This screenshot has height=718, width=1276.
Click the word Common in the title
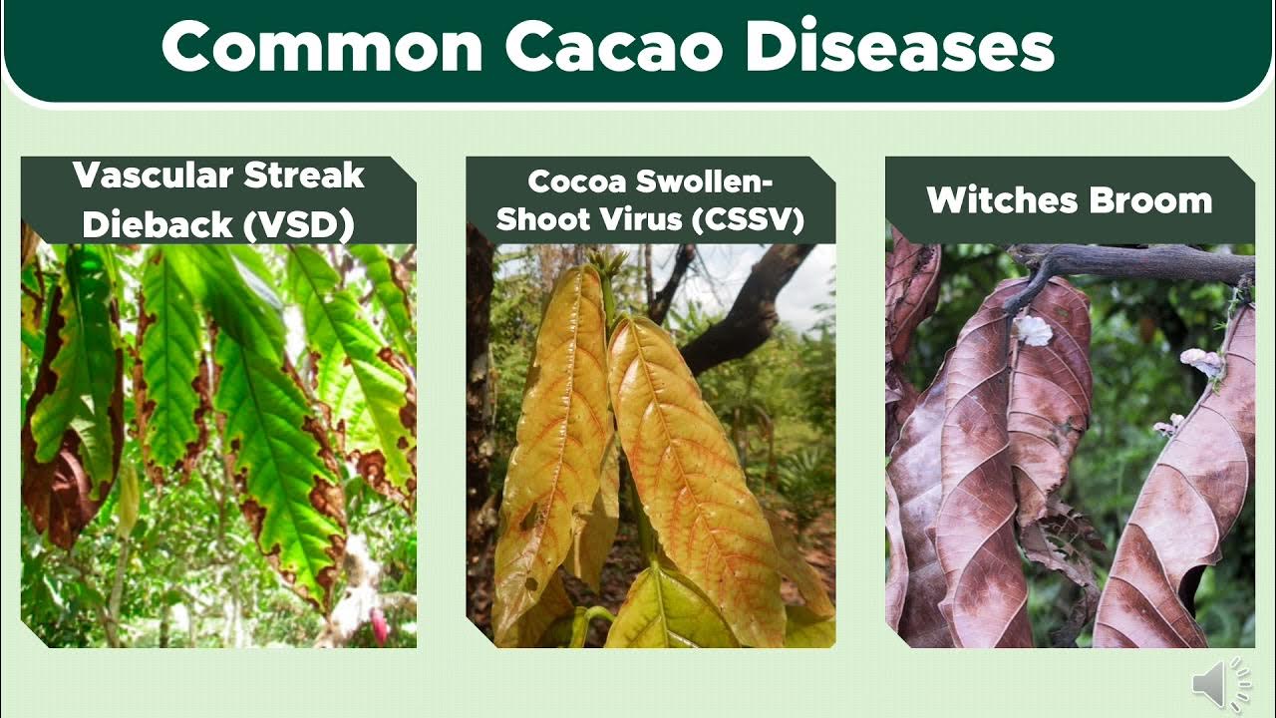click(x=323, y=48)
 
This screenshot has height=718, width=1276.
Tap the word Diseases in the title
click(x=900, y=48)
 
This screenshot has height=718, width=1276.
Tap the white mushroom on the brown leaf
click(x=1034, y=330)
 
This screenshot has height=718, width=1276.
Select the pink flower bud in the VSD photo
click(x=379, y=626)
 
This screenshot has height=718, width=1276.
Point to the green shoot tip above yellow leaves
click(x=605, y=264)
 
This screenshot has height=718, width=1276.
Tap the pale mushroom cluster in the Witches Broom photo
click(x=1201, y=362)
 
